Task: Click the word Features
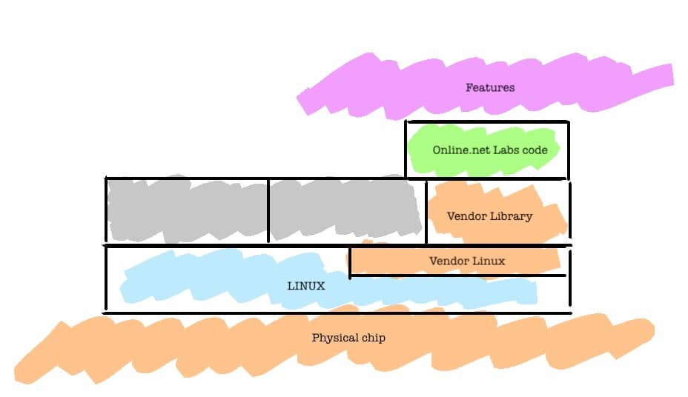(x=490, y=87)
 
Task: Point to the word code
(x=536, y=150)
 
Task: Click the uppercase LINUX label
(x=306, y=285)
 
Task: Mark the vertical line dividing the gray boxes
(x=268, y=210)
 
